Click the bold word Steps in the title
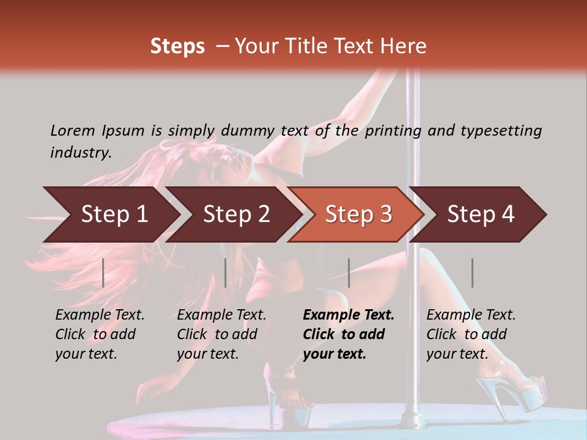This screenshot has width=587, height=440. click(x=177, y=46)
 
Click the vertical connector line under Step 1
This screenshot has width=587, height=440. click(x=103, y=273)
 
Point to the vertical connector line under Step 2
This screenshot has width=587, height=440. click(x=226, y=273)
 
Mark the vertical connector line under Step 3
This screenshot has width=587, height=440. click(x=349, y=273)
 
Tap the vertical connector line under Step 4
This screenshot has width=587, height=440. click(x=472, y=273)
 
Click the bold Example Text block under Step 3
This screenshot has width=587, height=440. click(x=349, y=334)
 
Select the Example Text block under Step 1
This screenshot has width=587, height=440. click(x=100, y=334)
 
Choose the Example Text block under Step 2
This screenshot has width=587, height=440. click(x=221, y=334)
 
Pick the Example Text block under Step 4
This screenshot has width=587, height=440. click(x=471, y=334)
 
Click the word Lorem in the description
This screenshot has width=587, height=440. click(x=73, y=130)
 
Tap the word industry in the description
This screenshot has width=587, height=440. click(x=80, y=152)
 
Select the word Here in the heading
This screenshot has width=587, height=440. click(x=405, y=46)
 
